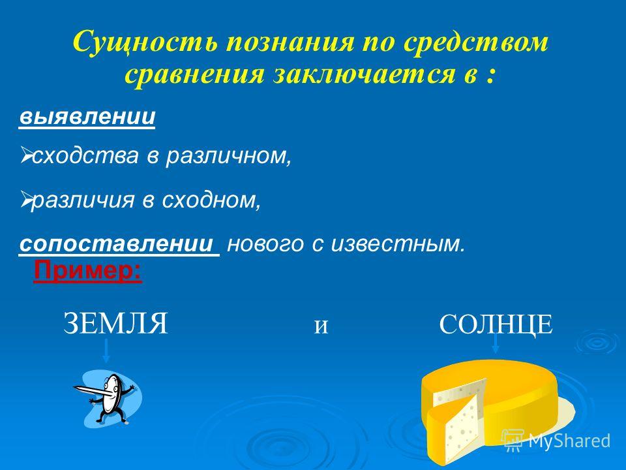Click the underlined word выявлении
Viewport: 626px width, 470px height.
coord(87,117)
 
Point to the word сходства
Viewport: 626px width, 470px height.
coord(85,156)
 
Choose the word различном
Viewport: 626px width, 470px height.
coord(228,156)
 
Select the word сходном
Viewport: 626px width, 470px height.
coord(211,200)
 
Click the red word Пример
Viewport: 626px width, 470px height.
coord(88,271)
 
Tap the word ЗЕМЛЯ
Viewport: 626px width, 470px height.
coord(115,324)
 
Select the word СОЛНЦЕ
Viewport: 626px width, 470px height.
coord(496,324)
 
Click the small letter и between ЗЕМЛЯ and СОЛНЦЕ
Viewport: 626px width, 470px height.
coord(321,326)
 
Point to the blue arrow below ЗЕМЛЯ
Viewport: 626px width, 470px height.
coord(106,351)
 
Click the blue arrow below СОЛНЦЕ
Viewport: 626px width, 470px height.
coord(496,342)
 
